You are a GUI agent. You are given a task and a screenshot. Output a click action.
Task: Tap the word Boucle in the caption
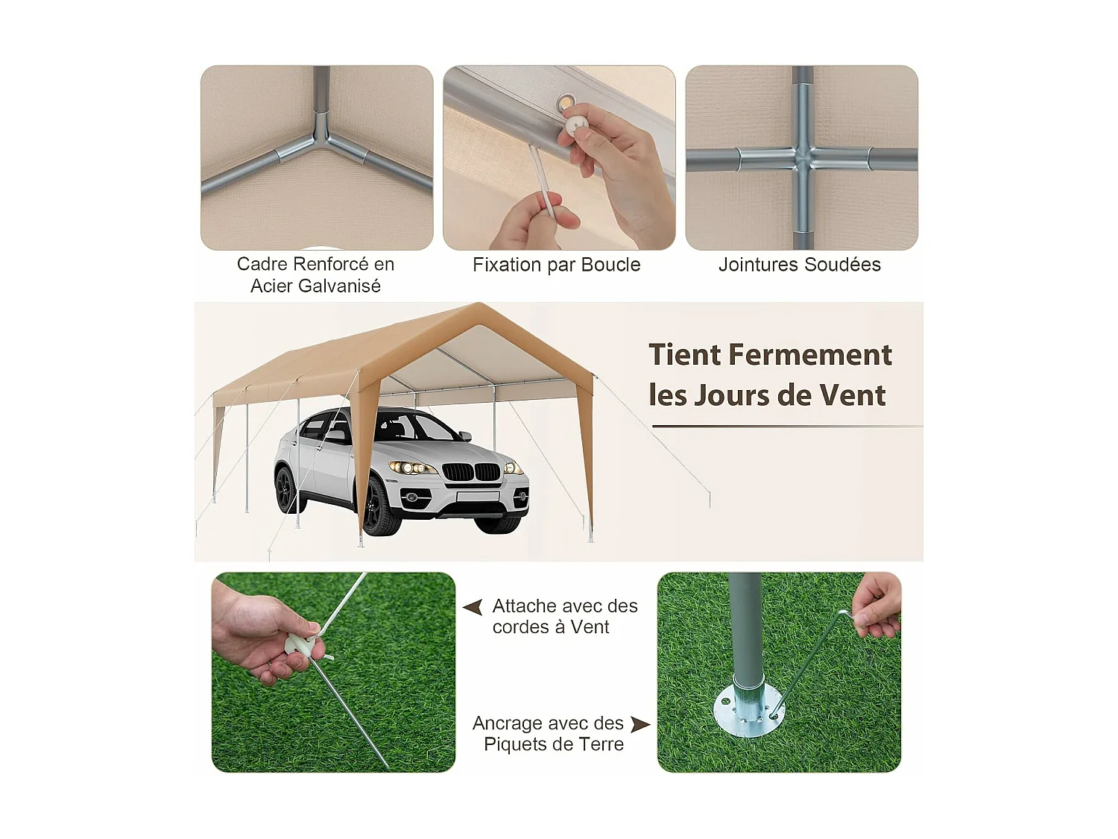click(610, 265)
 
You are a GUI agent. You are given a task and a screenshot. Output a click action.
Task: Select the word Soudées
click(844, 265)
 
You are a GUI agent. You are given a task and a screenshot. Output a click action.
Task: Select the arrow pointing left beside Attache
click(473, 607)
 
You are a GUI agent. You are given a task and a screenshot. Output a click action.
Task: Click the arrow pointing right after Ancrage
click(640, 723)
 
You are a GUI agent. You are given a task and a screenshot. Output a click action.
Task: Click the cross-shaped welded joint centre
click(803, 158)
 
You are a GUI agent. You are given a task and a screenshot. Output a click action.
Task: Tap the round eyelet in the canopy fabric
click(566, 101)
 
